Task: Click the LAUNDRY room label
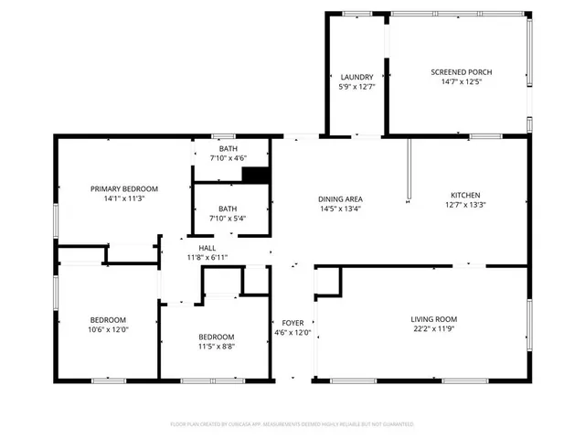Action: point(357,77)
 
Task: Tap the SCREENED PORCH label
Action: point(462,71)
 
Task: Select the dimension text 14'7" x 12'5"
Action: point(462,81)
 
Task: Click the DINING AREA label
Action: point(340,198)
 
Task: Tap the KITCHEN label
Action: point(465,195)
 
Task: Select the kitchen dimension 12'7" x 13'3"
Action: point(465,205)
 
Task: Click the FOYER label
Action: point(292,322)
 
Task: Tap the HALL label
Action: point(207,248)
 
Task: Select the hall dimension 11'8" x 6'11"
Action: point(207,258)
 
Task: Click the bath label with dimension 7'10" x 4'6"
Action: point(228,148)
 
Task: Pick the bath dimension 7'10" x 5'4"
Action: point(228,219)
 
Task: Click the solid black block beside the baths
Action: point(260,176)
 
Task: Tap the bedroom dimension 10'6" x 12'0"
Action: point(108,329)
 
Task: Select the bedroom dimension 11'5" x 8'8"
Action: point(217,347)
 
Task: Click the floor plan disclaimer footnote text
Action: point(292,424)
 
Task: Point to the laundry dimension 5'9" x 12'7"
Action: point(357,87)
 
